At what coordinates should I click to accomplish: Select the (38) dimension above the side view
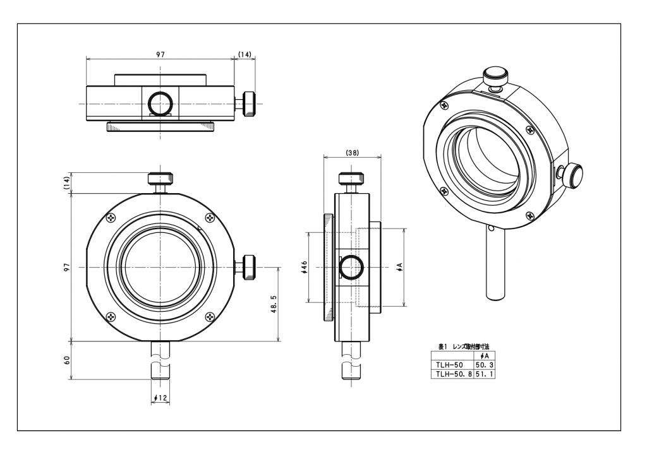pos(353,153)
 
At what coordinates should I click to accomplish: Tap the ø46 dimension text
pos(305,268)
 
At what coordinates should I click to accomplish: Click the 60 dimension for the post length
pos(68,360)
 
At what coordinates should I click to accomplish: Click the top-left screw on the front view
pos(112,218)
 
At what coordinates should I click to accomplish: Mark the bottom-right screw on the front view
pos(210,316)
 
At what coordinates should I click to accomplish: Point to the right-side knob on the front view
pos(248,267)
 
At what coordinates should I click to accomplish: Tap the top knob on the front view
pos(160,178)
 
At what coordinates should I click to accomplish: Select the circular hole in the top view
pos(160,102)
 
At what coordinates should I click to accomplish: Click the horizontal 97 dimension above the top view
pos(160,55)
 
